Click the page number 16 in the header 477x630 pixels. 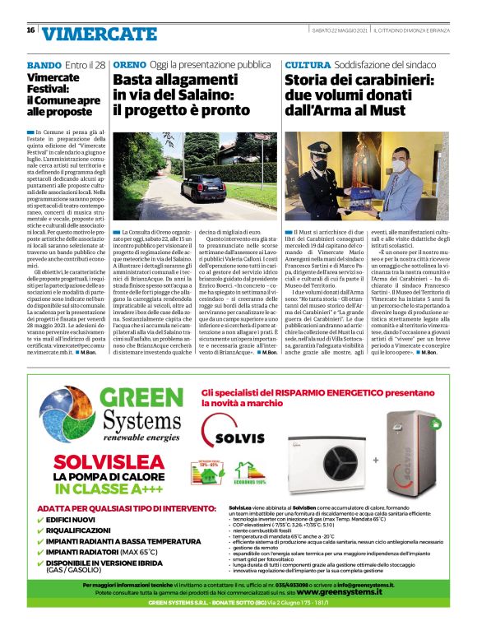pos(30,30)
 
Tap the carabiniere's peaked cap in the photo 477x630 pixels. pos(323,146)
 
